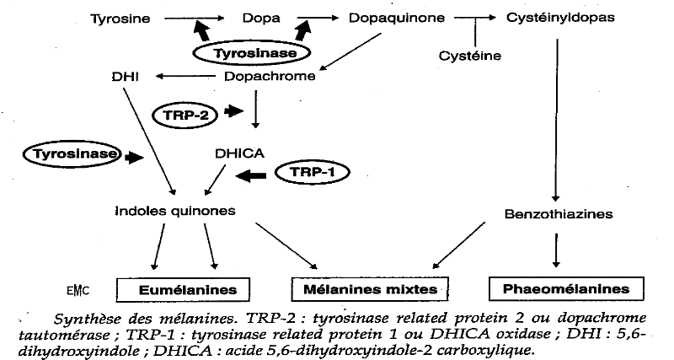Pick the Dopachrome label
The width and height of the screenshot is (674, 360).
pyautogui.click(x=270, y=77)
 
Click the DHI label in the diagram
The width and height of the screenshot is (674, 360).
pyautogui.click(x=123, y=77)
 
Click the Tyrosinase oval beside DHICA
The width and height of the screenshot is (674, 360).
pyautogui.click(x=72, y=154)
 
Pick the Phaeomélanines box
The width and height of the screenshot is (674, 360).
pyautogui.click(x=558, y=289)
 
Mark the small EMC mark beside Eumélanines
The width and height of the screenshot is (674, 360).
pyautogui.click(x=78, y=291)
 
